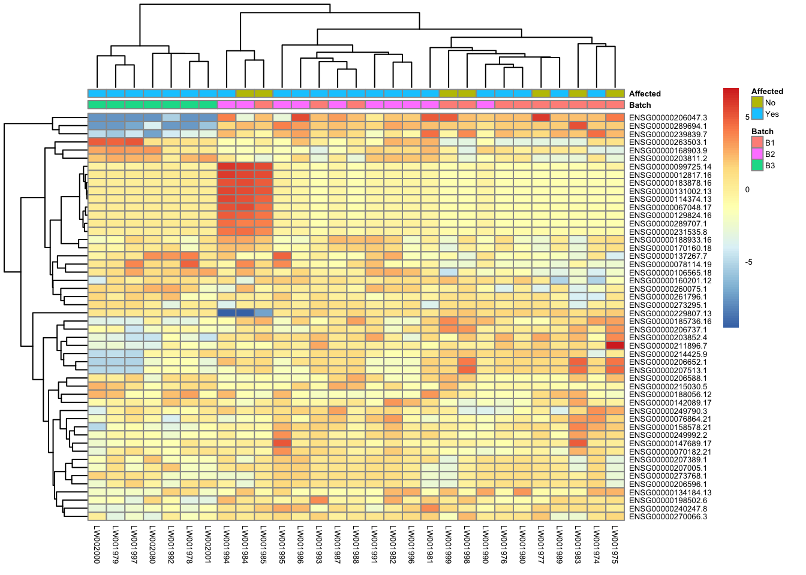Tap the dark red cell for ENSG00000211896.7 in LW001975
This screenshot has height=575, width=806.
coord(615,346)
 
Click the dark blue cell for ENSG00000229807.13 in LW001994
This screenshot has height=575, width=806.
coord(227,313)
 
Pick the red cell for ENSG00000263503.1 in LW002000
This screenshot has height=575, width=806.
coord(97,143)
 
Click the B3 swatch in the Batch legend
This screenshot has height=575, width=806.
coord(757,166)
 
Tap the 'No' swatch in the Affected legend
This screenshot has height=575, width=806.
coord(757,102)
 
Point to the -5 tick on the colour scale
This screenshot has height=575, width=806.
coord(748,262)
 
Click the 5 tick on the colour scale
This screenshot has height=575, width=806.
coord(747,117)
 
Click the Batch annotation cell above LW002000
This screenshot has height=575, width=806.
coord(97,105)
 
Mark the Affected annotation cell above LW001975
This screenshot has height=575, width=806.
coord(615,93)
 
